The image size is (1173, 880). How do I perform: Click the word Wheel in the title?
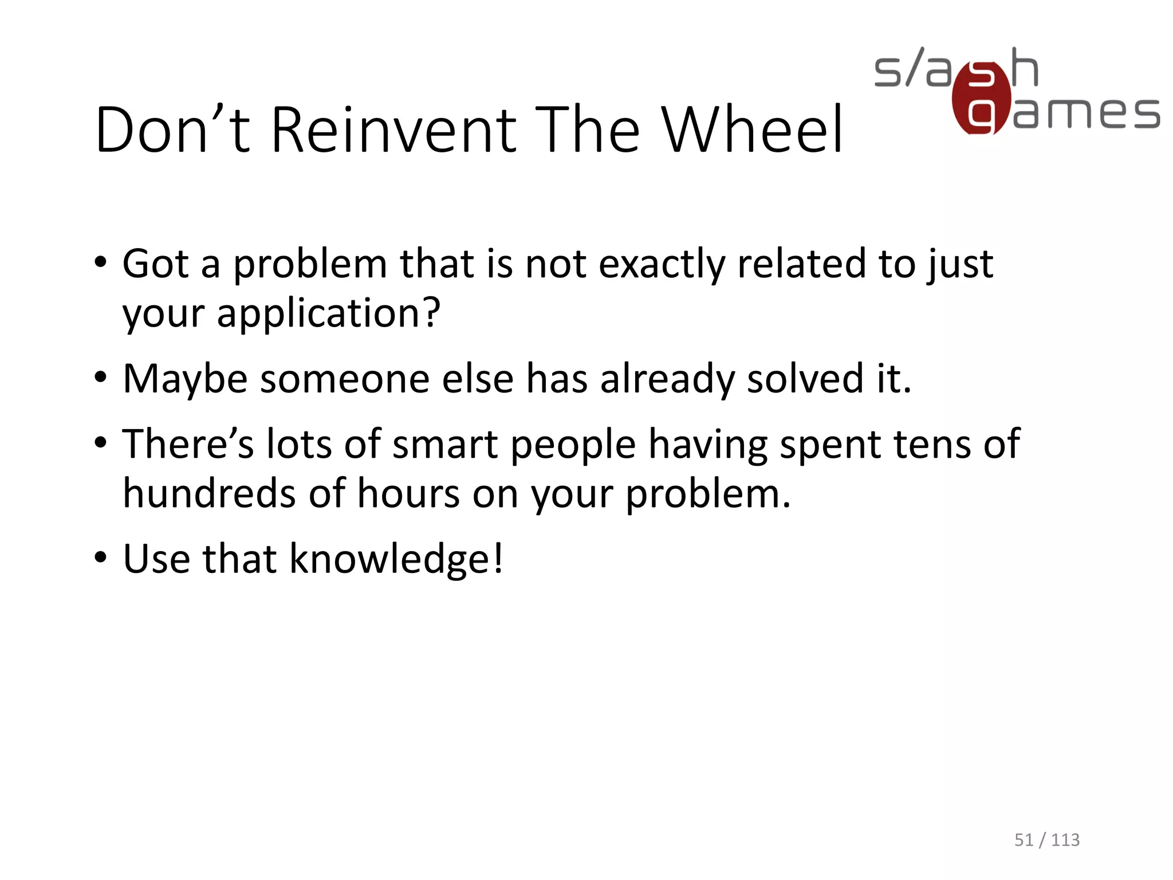click(752, 130)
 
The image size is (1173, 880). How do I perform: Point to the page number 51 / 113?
click(1047, 840)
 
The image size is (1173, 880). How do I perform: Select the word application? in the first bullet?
click(329, 314)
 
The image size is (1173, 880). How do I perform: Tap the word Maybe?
click(185, 379)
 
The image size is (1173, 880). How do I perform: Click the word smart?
click(445, 445)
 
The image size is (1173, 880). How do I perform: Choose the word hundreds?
click(210, 494)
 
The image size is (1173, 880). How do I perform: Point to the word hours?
click(408, 494)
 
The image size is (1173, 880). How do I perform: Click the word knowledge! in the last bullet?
click(396, 559)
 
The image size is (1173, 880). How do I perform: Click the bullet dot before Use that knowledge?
click(101, 557)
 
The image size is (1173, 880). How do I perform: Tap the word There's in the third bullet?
click(188, 445)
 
